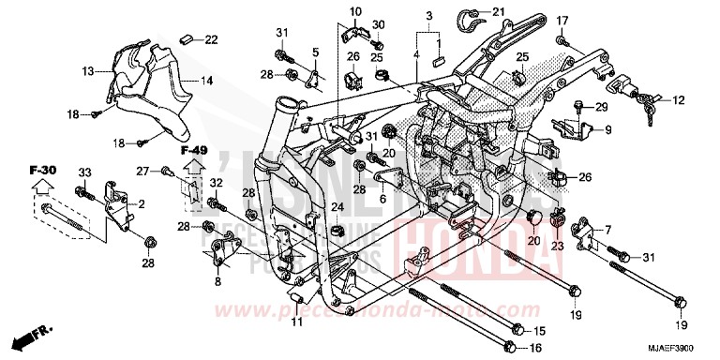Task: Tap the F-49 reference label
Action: point(193,150)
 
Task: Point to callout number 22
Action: point(210,38)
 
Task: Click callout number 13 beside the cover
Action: point(87,70)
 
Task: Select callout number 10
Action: point(354,10)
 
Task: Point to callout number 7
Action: point(607,229)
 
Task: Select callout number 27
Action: point(142,171)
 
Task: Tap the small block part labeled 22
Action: point(187,38)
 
